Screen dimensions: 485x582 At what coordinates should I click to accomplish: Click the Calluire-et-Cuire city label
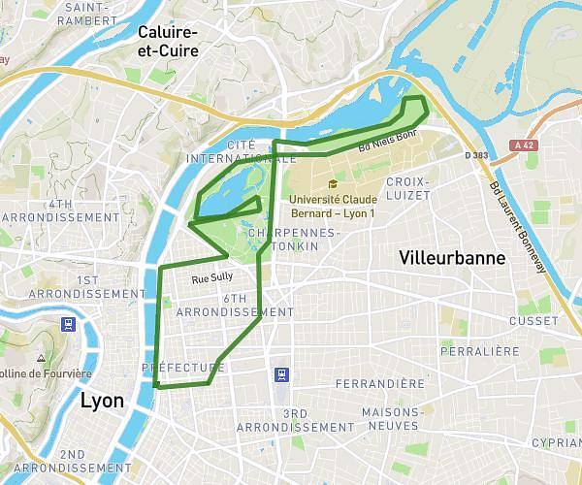pyautogui.click(x=168, y=43)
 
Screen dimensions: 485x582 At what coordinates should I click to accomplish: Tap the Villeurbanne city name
pyautogui.click(x=452, y=258)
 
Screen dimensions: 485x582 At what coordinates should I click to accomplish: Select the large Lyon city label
pyautogui.click(x=102, y=401)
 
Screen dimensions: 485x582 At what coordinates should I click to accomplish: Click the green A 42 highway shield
pyautogui.click(x=525, y=145)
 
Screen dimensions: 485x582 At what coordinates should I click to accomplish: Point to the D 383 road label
pyautogui.click(x=475, y=155)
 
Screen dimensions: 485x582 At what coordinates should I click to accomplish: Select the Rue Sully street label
pyautogui.click(x=212, y=277)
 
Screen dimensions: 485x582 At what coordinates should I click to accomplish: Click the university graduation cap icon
pyautogui.click(x=333, y=183)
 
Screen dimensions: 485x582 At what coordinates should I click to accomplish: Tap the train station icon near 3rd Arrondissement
pyautogui.click(x=281, y=373)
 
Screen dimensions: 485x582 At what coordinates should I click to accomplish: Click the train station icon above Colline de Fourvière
pyautogui.click(x=68, y=324)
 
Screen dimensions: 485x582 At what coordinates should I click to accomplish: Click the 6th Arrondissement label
pyautogui.click(x=235, y=306)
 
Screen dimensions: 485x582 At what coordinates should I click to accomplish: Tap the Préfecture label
pyautogui.click(x=183, y=368)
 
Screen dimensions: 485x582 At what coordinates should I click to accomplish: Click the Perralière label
pyautogui.click(x=480, y=351)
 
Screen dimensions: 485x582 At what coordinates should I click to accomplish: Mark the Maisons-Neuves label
pyautogui.click(x=390, y=418)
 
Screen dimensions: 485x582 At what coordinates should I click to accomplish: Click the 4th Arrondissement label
pyautogui.click(x=60, y=210)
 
